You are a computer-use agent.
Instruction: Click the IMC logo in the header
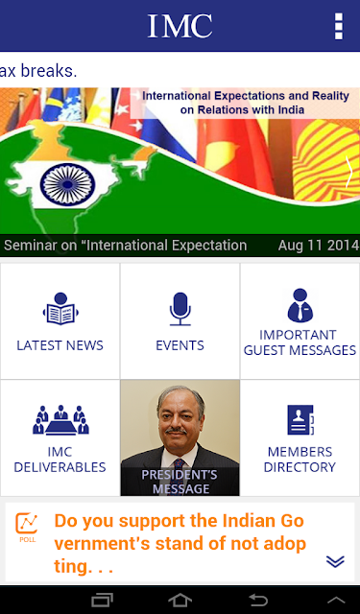pos(180,26)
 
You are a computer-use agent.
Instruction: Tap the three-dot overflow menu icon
pos(339,26)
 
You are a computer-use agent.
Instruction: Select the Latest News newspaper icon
pos(60,309)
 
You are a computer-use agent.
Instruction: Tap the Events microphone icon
pos(180,309)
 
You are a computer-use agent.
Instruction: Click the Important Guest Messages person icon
pos(300,305)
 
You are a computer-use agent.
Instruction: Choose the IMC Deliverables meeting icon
pos(60,420)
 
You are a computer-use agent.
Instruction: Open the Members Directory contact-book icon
pos(300,420)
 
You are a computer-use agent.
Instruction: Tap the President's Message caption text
pos(180,482)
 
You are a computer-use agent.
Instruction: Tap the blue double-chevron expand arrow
pos(335,561)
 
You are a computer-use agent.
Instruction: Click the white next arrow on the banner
pos(348,172)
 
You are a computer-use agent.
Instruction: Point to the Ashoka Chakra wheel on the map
pos(68,184)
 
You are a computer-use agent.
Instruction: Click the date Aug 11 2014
pos(319,246)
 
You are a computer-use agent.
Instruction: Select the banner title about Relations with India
pos(246,103)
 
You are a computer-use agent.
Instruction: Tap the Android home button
pos(180,601)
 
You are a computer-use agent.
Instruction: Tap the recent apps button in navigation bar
pos(103,601)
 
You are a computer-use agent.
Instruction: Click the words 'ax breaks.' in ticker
pos(38,71)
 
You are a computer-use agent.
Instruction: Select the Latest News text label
pos(60,345)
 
